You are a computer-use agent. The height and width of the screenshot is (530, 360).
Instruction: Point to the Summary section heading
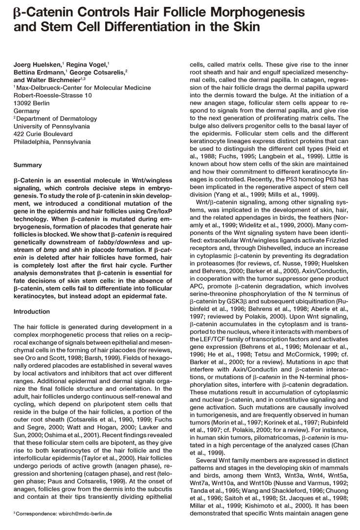point(27,166)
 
